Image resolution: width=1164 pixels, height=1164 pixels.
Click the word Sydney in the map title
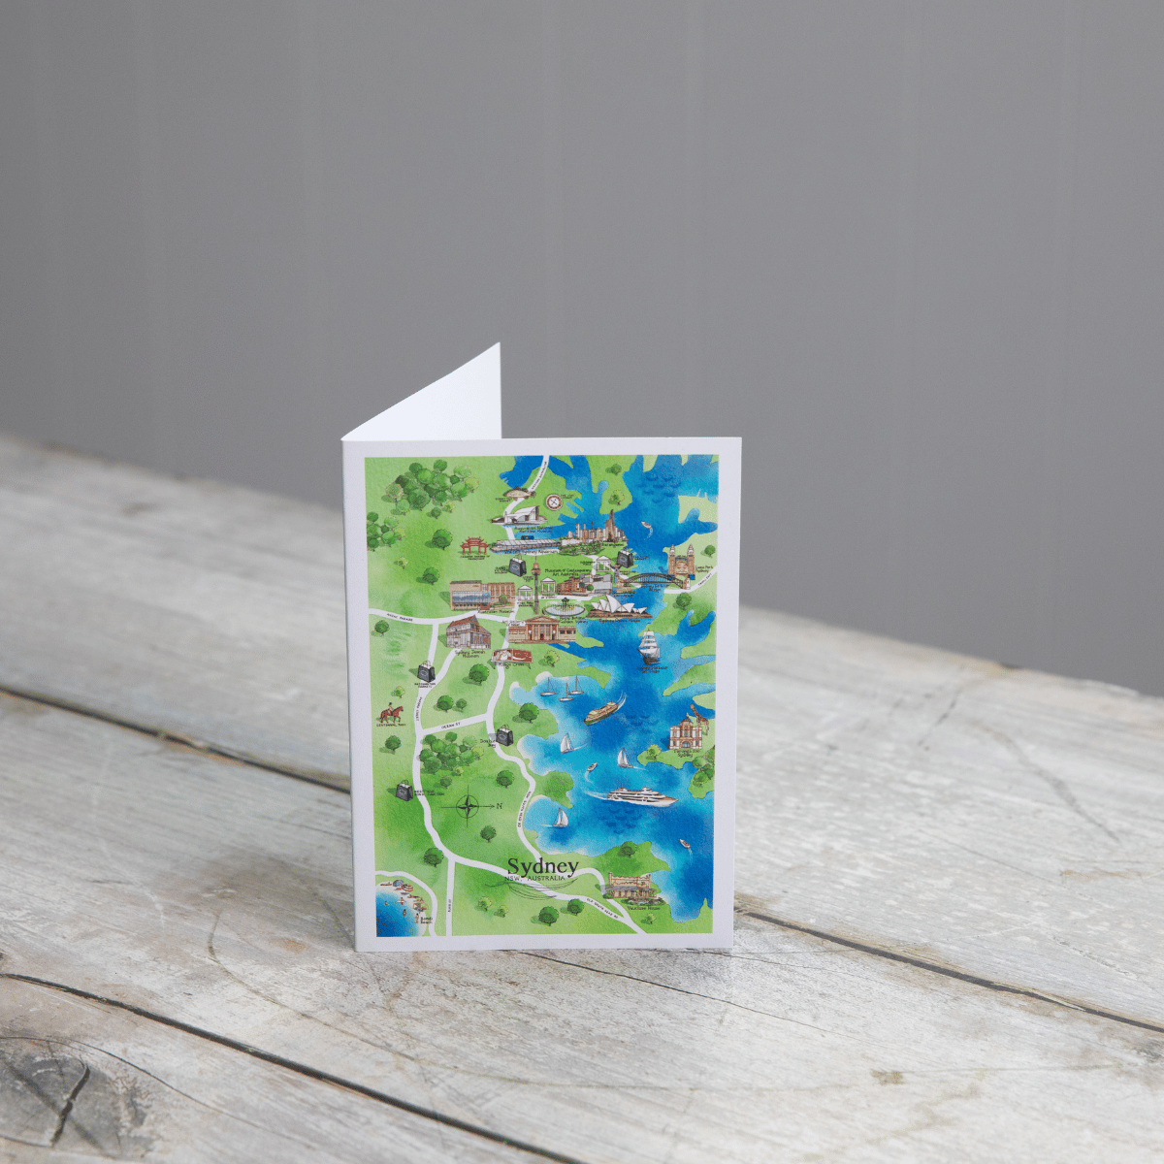[x=542, y=865]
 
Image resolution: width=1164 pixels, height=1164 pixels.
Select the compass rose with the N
[x=469, y=806]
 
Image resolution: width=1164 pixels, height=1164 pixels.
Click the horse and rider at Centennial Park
[x=392, y=715]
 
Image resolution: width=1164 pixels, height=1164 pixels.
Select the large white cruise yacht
[x=641, y=797]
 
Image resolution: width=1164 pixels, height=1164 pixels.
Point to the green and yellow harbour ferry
[x=601, y=712]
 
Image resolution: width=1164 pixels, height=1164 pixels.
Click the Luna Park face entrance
[x=680, y=561]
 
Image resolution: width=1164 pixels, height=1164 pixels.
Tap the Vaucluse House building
[x=629, y=886]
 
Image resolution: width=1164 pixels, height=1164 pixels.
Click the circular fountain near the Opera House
[x=566, y=608]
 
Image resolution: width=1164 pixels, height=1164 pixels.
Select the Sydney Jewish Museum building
[x=468, y=632]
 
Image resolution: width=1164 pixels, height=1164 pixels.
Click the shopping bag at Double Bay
[x=504, y=736]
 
